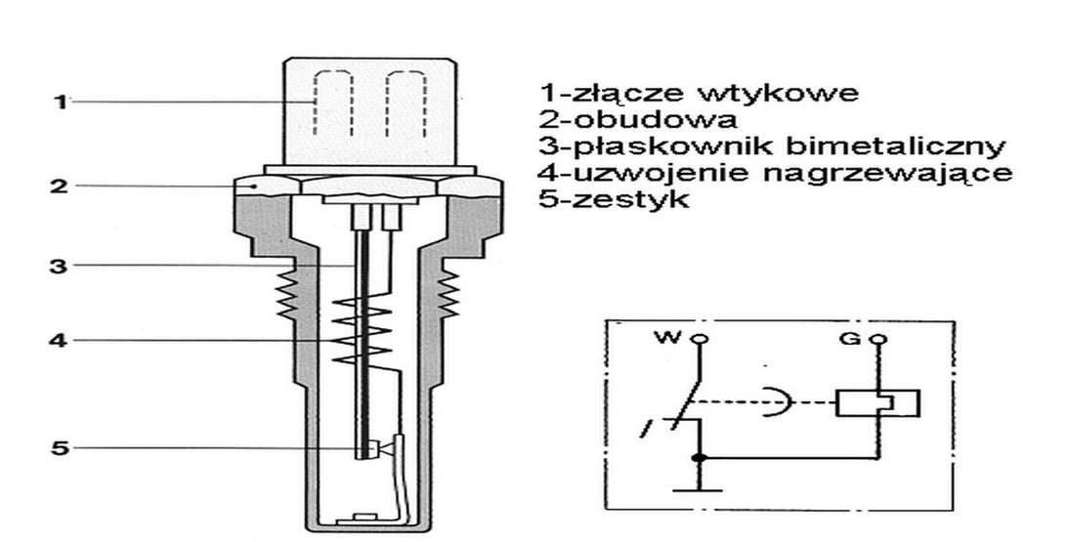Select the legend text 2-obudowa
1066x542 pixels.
tap(639, 120)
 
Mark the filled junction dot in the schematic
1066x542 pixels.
tap(697, 457)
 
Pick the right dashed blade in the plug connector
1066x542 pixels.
tap(399, 101)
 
